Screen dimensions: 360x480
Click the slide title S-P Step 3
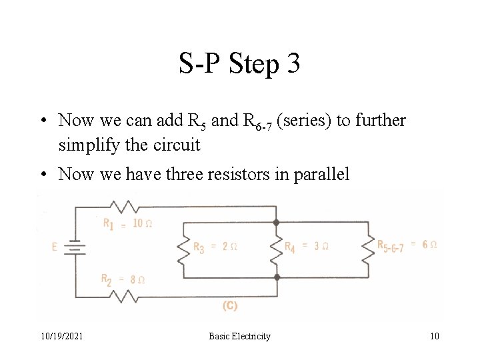point(239,64)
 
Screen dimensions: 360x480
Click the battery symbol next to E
point(75,247)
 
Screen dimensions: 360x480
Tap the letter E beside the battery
point(54,247)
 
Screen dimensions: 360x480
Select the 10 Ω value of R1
point(142,223)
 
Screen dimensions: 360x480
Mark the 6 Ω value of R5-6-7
point(429,245)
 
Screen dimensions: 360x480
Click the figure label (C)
point(229,306)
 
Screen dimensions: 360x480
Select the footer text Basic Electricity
point(239,336)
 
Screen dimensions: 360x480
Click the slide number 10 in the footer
point(434,336)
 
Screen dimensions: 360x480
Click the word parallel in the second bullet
point(323,175)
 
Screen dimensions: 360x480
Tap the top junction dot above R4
point(276,223)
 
